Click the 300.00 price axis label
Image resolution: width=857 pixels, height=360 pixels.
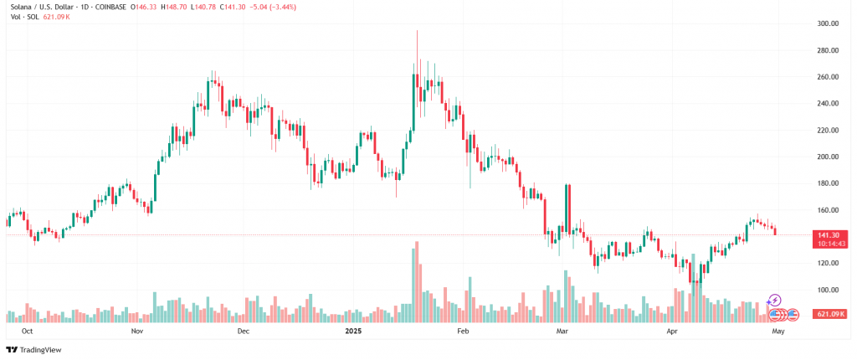pyautogui.click(x=829, y=23)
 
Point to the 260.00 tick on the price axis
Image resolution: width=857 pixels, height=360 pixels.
pyautogui.click(x=829, y=77)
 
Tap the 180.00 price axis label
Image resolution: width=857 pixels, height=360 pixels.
pyautogui.click(x=829, y=183)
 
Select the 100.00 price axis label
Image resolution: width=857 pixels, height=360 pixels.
pyautogui.click(x=829, y=290)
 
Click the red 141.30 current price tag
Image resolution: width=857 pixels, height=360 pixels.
pyautogui.click(x=829, y=236)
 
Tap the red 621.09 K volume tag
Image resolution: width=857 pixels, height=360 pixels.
pyautogui.click(x=829, y=314)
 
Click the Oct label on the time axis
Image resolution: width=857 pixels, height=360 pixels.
pyautogui.click(x=28, y=332)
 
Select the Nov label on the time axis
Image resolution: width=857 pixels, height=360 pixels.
pyautogui.click(x=138, y=332)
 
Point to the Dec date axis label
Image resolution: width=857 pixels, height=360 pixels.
pyautogui.click(x=244, y=332)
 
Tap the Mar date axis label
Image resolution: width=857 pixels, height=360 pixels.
pyautogui.click(x=562, y=332)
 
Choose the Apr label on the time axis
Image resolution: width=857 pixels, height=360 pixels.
pyautogui.click(x=671, y=332)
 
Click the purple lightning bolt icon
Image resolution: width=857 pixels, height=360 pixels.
pyautogui.click(x=775, y=299)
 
